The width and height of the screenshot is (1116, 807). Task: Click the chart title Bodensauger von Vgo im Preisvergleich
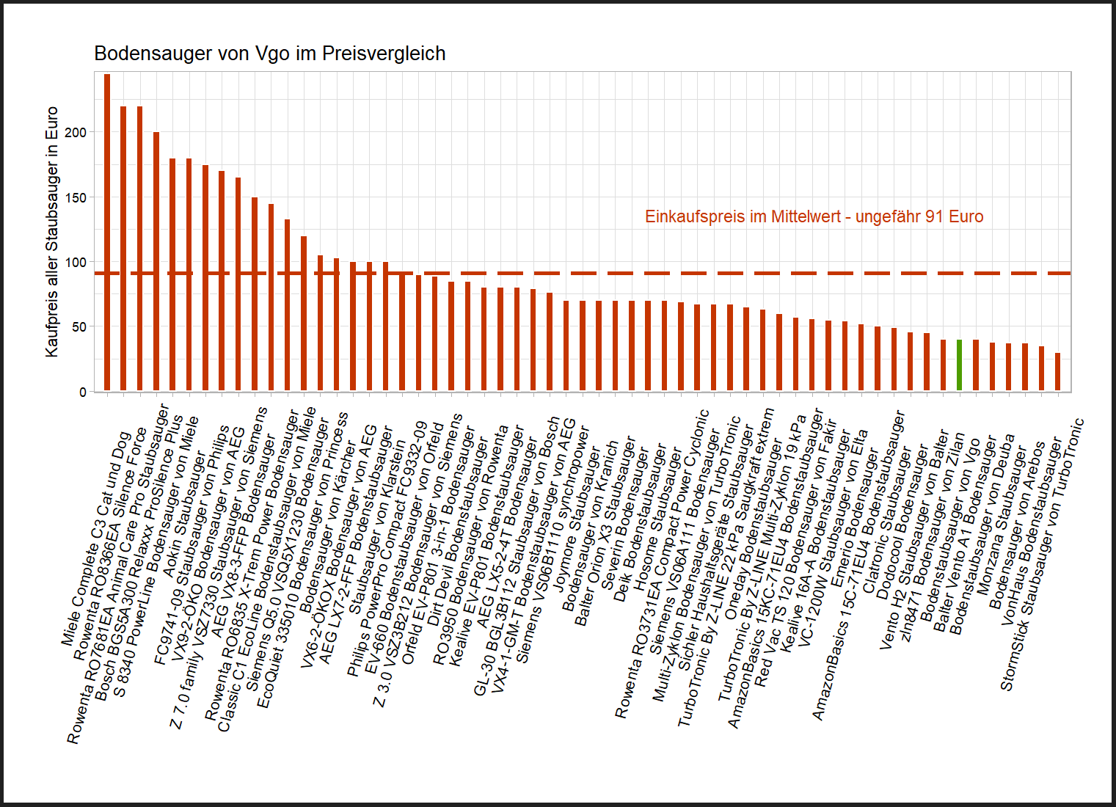pyautogui.click(x=269, y=54)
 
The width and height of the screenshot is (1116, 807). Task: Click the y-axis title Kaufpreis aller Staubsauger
pyautogui.click(x=51, y=232)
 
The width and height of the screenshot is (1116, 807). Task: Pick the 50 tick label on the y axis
pyautogui.click(x=79, y=327)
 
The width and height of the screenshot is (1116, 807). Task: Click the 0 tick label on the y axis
pyautogui.click(x=83, y=392)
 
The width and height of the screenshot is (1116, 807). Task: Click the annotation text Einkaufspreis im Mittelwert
pyautogui.click(x=814, y=217)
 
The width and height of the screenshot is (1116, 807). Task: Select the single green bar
pyautogui.click(x=959, y=365)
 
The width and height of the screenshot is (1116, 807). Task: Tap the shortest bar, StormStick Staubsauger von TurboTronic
pyautogui.click(x=1057, y=372)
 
